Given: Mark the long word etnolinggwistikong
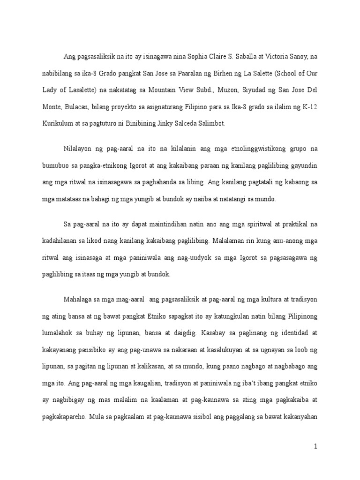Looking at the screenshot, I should (x=254, y=149).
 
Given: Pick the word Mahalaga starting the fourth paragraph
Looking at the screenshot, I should (x=78, y=300).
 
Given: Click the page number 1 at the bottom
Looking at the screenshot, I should (x=316, y=447).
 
